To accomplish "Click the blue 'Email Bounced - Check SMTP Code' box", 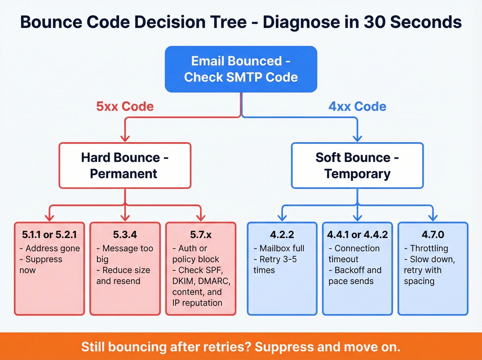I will [241, 69].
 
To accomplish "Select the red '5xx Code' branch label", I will [125, 106].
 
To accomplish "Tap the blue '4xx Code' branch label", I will [357, 106].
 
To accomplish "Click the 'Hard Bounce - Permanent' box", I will [125, 166].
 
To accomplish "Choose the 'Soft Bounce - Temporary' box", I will [357, 166].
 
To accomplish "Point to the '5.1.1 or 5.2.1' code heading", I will [49, 235].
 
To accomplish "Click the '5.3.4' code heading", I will [125, 235].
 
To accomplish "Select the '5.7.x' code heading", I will [201, 235].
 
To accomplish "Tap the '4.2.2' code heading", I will [282, 235].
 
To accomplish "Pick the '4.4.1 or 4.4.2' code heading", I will [357, 235].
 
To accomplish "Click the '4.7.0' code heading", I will [433, 235].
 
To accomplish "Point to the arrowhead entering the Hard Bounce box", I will [125, 138].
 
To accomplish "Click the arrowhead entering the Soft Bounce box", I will [357, 138].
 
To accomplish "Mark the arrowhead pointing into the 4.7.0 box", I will [433, 218].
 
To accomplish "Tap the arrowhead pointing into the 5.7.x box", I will [201, 218].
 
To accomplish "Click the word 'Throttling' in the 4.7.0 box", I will [429, 248].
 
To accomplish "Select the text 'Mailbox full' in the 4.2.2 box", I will [282, 248].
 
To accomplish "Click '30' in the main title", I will [374, 22].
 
